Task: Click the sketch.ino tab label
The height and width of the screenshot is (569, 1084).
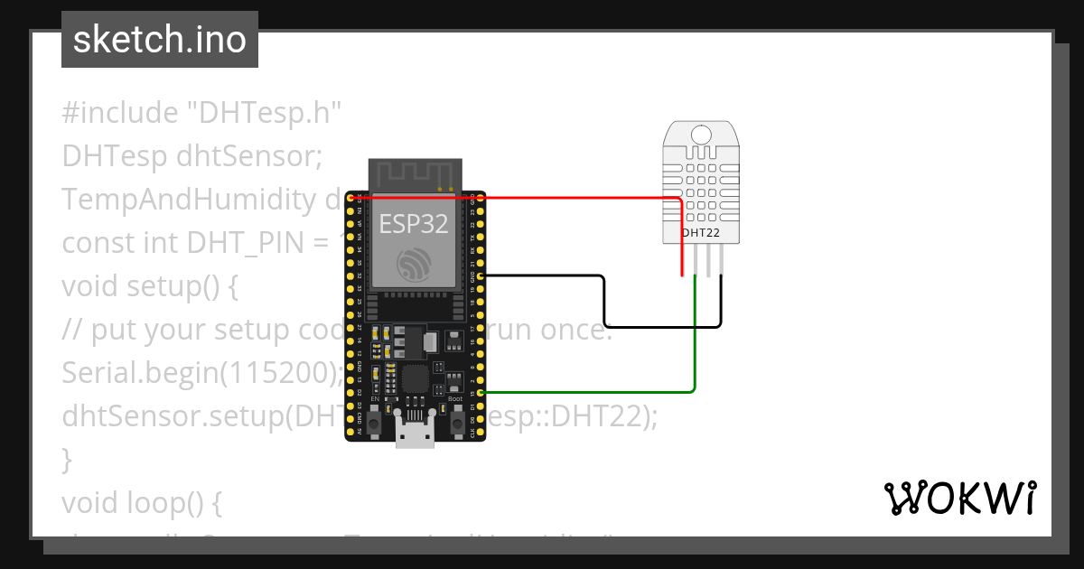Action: pos(160,40)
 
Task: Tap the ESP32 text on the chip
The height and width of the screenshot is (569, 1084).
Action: pos(414,224)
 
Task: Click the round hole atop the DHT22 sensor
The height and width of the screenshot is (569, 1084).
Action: pos(700,135)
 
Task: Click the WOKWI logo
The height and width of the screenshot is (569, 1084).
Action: pos(959,498)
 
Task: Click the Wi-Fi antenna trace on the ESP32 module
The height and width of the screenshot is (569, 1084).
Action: pos(414,174)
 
